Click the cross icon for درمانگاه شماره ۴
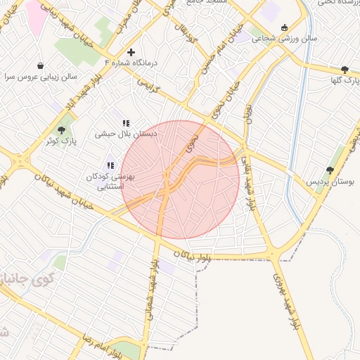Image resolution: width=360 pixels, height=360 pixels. coord(131,52)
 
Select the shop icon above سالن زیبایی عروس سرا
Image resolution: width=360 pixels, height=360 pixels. coord(40,65)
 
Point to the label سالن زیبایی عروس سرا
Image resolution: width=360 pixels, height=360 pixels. coord(40,76)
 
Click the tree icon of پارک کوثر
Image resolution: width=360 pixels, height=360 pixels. coord(61,129)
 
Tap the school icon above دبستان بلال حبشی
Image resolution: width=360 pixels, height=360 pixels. coord(127,123)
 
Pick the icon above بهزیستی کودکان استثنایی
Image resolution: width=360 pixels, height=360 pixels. coord(110,166)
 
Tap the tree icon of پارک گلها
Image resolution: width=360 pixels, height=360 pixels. coord(344,70)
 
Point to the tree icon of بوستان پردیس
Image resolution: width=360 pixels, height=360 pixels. coord(330,170)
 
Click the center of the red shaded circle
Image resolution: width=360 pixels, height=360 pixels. coord(181,179)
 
